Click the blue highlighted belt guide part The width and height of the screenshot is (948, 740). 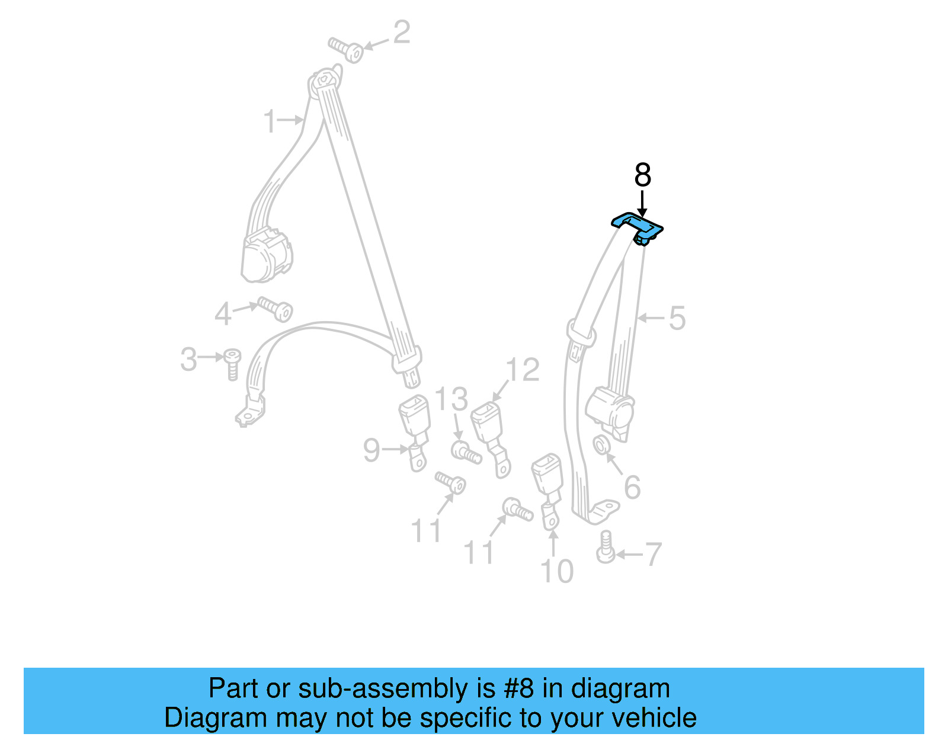pos(637,226)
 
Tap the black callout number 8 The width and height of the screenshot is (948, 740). pos(642,175)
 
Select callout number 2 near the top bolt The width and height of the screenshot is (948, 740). pos(401,32)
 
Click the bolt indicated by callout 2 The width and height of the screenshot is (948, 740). pos(347,49)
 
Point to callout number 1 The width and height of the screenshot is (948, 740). pos(270,121)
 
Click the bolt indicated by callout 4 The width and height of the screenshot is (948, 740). pos(276,308)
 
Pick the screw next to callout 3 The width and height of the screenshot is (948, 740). pos(232,363)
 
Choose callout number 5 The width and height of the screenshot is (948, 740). pos(677,318)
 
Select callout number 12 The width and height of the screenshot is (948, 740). pos(523,370)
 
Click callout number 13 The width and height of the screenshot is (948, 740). pos(451,399)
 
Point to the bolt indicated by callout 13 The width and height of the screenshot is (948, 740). pos(465,453)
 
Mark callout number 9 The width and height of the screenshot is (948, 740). pos(371,450)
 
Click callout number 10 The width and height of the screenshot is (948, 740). pos(557,571)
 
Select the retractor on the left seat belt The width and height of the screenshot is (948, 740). pos(267,255)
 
